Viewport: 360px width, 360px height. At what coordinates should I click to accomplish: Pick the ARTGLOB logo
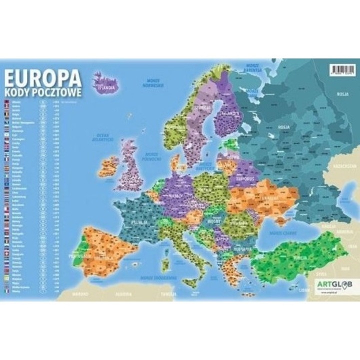[x=328, y=284]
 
